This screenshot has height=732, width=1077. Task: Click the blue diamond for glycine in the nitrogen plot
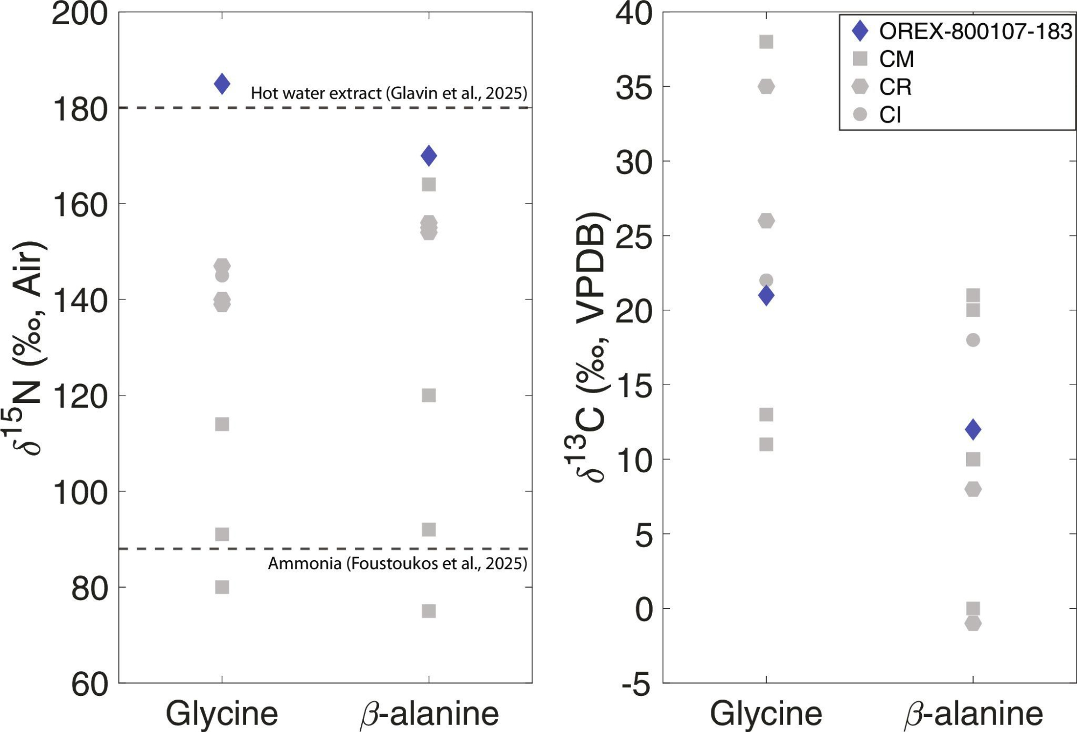222,83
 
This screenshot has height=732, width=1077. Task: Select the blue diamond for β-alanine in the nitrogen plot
429,156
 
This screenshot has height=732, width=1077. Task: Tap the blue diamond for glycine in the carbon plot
766,295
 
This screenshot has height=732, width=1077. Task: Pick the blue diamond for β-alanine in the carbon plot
973,429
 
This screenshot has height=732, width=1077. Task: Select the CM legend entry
896,59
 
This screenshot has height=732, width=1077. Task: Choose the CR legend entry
895,87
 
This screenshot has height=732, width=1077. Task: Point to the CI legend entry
890,115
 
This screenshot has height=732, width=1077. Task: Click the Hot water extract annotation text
389,93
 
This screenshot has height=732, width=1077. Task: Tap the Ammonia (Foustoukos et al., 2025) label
397,563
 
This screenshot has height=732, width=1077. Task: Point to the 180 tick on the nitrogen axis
80,109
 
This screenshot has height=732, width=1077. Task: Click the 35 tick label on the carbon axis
634,88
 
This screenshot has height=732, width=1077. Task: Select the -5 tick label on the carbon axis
635,685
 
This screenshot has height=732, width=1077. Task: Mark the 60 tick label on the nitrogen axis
89,685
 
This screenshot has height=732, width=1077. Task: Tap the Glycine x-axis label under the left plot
222,714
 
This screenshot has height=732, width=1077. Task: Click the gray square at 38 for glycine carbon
766,41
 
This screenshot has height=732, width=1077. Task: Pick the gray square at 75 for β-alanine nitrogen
429,611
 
